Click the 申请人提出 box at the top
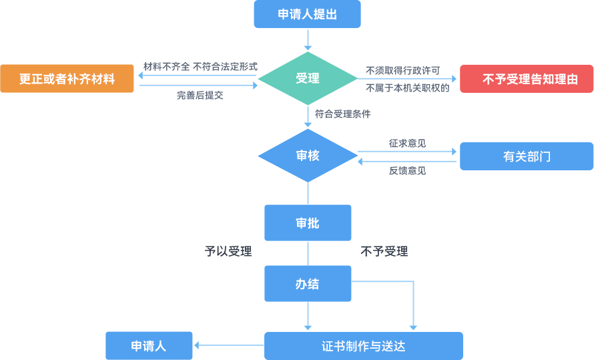[x=307, y=14]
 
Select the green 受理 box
[x=308, y=78]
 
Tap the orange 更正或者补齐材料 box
[x=67, y=78]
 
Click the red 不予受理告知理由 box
[x=526, y=78]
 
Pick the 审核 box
[x=308, y=156]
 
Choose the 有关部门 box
[x=526, y=156]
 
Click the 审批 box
[x=308, y=223]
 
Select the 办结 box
[x=308, y=284]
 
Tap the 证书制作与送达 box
[x=364, y=346]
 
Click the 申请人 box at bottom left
[x=149, y=346]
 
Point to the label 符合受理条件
[x=342, y=114]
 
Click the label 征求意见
[x=407, y=143]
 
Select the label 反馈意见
[x=407, y=170]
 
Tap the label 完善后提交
[x=200, y=95]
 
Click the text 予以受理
[x=228, y=251]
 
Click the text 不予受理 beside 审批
[x=384, y=251]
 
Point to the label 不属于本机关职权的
[x=407, y=87]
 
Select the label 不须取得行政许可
[x=402, y=70]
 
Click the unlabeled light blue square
[x=383, y=303]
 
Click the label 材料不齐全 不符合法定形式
[x=200, y=66]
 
